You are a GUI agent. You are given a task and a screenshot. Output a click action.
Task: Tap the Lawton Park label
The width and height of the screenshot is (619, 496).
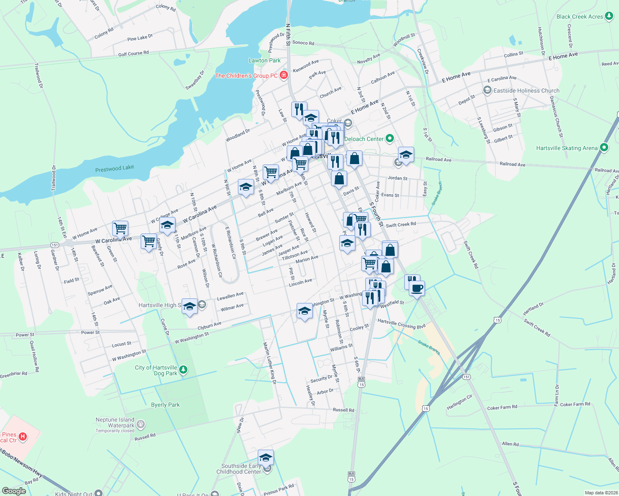[x=264, y=60]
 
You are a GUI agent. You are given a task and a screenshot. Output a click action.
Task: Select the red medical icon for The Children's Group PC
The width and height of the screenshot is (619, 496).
[x=284, y=75]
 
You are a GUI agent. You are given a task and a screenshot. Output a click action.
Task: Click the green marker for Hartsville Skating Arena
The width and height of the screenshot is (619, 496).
[x=604, y=147]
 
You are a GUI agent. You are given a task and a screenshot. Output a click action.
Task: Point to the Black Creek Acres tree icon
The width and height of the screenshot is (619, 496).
[x=609, y=16]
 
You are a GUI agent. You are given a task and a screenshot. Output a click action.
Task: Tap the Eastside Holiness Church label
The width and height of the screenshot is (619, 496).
[x=526, y=91]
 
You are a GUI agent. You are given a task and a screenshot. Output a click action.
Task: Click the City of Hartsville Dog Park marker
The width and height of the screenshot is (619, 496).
[x=183, y=370]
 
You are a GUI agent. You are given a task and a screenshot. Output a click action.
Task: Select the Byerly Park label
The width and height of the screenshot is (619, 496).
[x=166, y=405]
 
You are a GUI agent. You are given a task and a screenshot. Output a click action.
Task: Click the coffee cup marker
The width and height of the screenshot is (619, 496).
[x=417, y=288]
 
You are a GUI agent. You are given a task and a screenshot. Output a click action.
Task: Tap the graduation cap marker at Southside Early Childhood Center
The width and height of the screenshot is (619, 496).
[x=266, y=457]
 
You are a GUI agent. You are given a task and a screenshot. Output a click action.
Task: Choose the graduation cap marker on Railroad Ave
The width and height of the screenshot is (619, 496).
[x=406, y=155]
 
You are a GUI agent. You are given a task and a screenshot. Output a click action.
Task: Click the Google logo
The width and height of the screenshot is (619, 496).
[x=14, y=491]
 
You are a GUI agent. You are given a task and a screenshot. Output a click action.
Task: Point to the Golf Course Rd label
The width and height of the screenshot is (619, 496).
[x=133, y=53]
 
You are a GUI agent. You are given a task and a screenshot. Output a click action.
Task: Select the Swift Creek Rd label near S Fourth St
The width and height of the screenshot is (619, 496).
[x=401, y=224]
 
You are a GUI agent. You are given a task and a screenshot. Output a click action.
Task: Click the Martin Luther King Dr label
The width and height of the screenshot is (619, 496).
[x=269, y=363]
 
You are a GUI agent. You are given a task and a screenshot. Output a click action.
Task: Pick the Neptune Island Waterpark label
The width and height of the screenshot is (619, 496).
[x=115, y=422]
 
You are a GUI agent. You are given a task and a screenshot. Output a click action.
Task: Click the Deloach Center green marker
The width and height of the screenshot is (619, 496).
[x=389, y=138]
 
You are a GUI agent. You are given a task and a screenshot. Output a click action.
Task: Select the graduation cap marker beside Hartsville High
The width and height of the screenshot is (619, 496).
[x=190, y=306]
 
